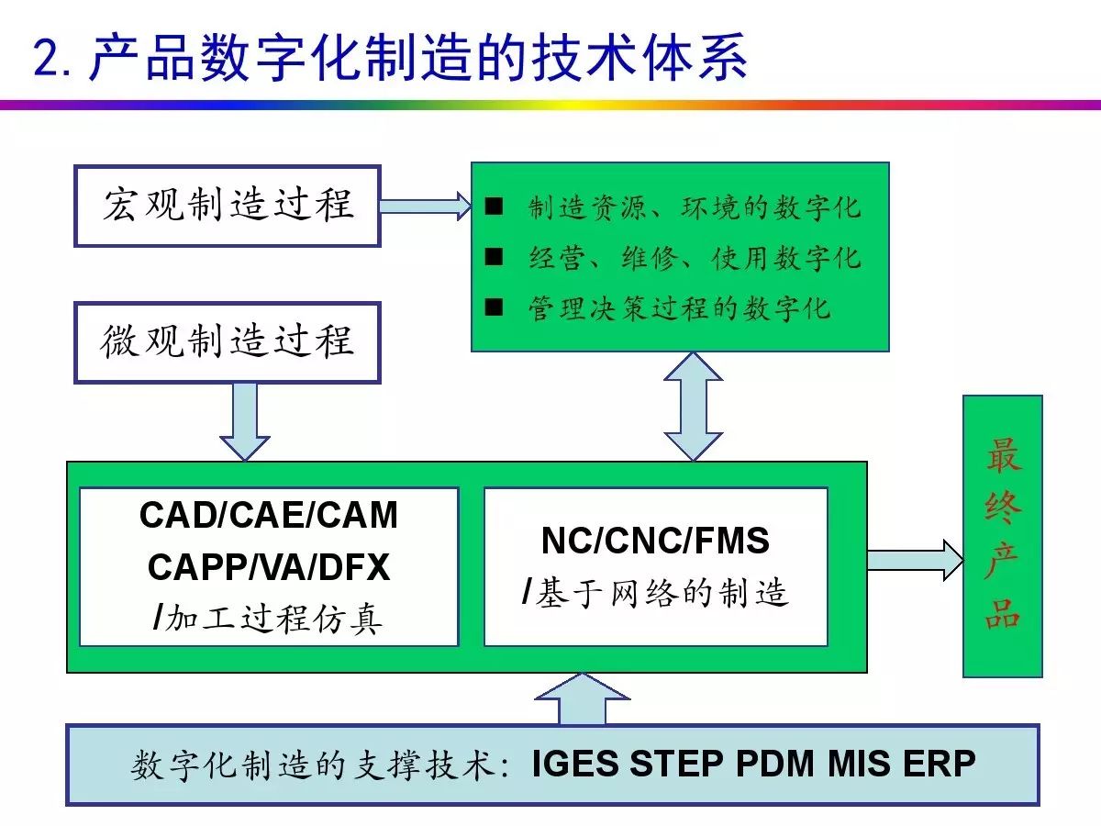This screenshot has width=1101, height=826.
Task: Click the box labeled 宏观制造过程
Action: click(228, 206)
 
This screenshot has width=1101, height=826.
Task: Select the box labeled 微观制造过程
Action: click(228, 342)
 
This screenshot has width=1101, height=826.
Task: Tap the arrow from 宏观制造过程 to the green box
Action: click(426, 206)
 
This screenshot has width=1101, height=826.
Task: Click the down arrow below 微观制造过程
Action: click(245, 422)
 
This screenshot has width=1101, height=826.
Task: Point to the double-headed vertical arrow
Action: click(693, 407)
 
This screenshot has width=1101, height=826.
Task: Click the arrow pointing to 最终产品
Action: click(916, 560)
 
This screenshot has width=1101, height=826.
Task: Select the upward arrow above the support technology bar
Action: click(583, 699)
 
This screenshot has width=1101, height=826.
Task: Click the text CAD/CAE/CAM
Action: click(268, 515)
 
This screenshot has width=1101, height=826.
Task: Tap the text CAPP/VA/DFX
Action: click(269, 567)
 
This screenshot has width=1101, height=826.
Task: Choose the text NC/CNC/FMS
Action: click(655, 541)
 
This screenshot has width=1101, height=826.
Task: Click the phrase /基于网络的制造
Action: click(655, 593)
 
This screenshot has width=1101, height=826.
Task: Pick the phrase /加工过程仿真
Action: click(268, 619)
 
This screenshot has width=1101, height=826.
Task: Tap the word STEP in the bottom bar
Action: click(677, 764)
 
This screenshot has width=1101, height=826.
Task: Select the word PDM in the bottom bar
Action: click(775, 764)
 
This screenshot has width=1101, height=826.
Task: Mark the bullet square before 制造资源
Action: click(494, 206)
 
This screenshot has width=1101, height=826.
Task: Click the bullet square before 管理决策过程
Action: click(494, 307)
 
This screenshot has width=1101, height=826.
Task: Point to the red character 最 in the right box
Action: click(1003, 454)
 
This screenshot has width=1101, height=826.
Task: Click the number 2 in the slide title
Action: click(48, 58)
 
